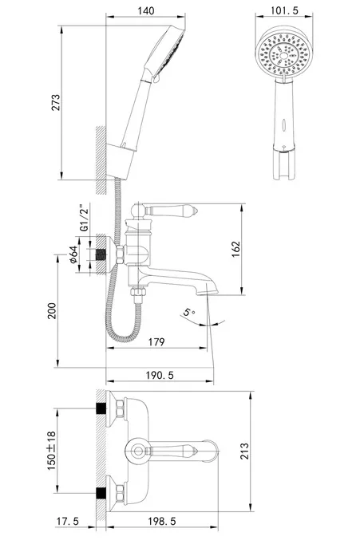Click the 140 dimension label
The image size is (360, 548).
click(145, 10)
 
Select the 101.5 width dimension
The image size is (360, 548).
click(284, 10)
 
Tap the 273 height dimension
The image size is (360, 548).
click(56, 102)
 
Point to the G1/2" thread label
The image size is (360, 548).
click(84, 218)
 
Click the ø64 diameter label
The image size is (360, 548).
click(73, 254)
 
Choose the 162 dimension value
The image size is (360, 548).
click(236, 249)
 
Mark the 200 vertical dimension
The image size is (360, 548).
click(52, 311)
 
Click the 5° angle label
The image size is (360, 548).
click(189, 312)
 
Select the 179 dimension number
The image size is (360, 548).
click(156, 341)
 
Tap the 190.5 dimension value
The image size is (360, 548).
click(160, 375)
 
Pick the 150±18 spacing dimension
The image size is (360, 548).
click(52, 451)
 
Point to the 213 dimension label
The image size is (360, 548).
click(244, 451)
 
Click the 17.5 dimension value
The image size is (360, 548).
click(68, 522)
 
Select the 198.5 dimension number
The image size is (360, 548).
click(161, 522)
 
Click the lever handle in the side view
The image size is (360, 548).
click(172, 211)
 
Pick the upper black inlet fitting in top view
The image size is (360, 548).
click(101, 408)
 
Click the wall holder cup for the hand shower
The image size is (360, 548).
click(119, 161)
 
